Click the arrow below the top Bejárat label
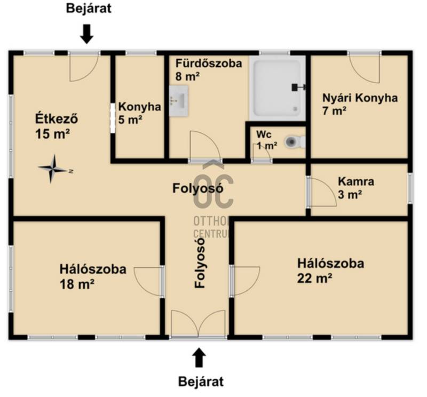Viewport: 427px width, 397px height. [87, 34]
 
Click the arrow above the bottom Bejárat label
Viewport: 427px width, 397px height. [200, 358]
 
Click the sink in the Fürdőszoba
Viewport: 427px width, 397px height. [179, 101]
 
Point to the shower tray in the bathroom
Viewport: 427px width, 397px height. [277, 89]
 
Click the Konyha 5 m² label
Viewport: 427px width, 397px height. [139, 113]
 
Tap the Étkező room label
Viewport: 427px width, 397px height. [57, 126]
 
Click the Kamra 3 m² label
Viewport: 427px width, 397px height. [356, 188]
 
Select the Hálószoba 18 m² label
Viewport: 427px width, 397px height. [93, 276]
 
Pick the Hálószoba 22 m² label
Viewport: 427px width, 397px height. [330, 271]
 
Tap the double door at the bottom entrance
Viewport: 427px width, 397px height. [198, 323]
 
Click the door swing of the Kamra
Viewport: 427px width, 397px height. [323, 192]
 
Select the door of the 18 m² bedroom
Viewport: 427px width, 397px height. [149, 281]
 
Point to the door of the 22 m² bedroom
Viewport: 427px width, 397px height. [246, 281]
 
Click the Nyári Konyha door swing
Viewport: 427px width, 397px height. [365, 68]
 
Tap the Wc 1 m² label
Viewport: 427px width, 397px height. [266, 140]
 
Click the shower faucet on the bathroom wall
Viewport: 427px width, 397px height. [299, 88]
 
